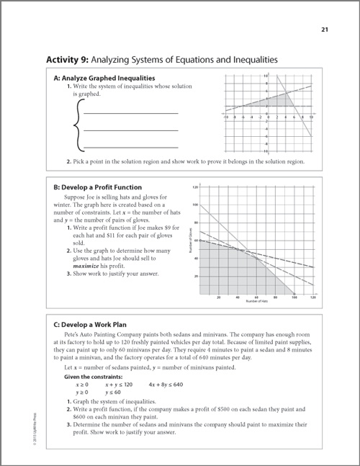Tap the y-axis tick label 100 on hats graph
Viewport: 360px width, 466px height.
(195, 205)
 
